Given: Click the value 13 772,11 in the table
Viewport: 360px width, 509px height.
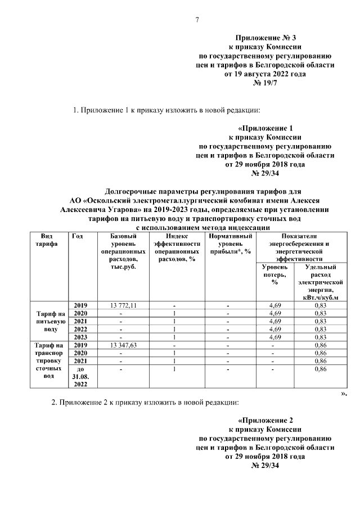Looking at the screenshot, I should (x=120, y=305).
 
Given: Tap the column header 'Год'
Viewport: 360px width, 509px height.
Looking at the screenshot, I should (x=78, y=236).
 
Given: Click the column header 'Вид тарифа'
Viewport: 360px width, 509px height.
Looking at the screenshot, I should (x=43, y=240).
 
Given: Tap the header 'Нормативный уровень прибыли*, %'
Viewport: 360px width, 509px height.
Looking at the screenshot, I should (x=230, y=244).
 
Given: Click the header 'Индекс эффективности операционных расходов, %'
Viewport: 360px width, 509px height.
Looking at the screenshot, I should (x=177, y=248).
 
